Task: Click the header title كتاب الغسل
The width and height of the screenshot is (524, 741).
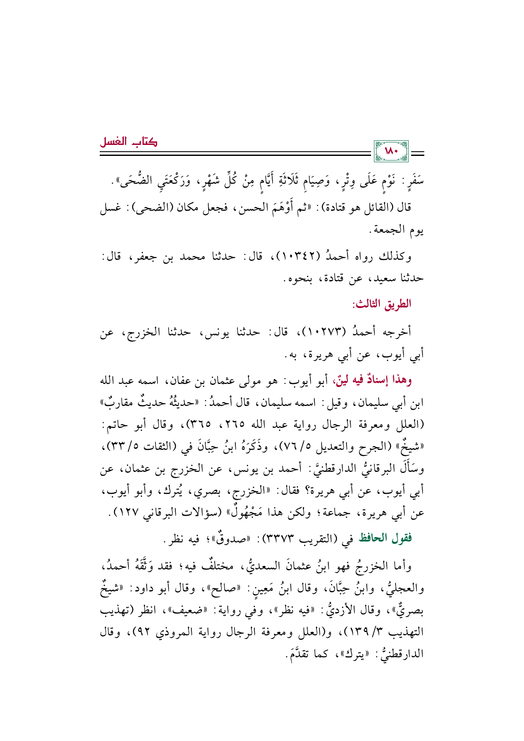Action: tap(128, 142)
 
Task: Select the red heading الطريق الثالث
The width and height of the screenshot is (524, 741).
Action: tap(381, 304)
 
